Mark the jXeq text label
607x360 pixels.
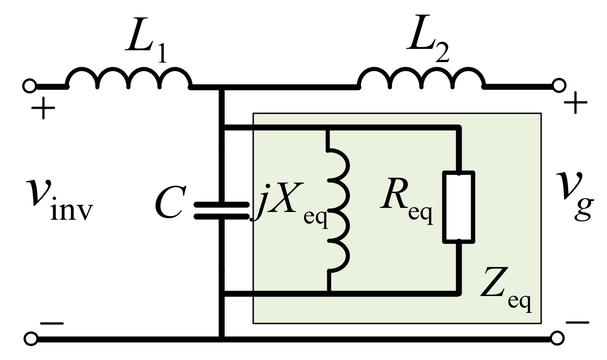click(x=290, y=208)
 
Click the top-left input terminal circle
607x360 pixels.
click(x=29, y=85)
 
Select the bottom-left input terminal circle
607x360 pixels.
click(x=30, y=339)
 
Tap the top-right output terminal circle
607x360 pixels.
click(x=559, y=85)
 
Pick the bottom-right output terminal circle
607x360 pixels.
click(x=558, y=339)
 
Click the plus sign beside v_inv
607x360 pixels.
click(x=43, y=110)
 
